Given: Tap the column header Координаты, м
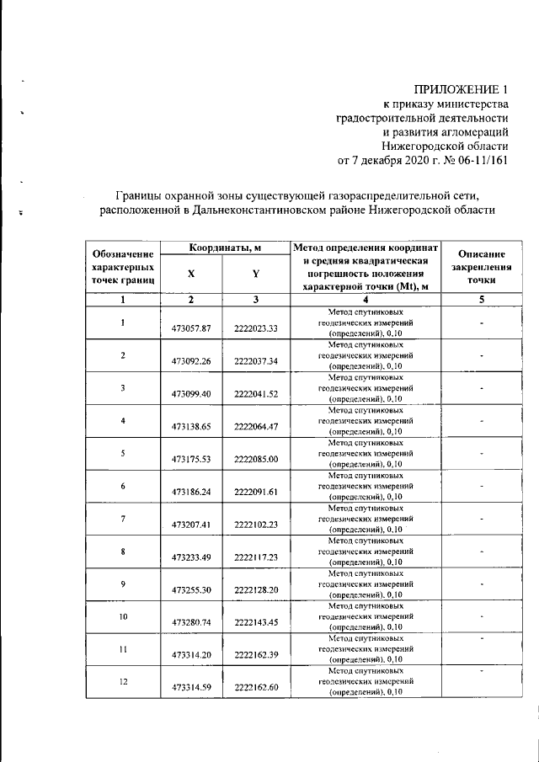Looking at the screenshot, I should click(x=224, y=248).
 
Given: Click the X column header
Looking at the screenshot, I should click(x=191, y=274).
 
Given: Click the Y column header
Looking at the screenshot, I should click(x=255, y=274).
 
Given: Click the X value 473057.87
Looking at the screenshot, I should click(x=190, y=328).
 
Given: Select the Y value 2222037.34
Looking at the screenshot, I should click(x=256, y=360).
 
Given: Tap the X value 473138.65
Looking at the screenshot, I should click(x=190, y=426).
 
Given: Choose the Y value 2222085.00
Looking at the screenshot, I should click(x=256, y=459).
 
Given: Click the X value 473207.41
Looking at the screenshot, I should click(x=190, y=525).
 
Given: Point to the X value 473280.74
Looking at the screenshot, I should click(x=190, y=622).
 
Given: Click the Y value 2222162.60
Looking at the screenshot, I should click(x=256, y=688).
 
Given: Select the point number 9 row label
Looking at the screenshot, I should click(x=123, y=583).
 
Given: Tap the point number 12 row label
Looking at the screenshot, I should click(x=123, y=681).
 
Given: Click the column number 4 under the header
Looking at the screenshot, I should click(x=366, y=300).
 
